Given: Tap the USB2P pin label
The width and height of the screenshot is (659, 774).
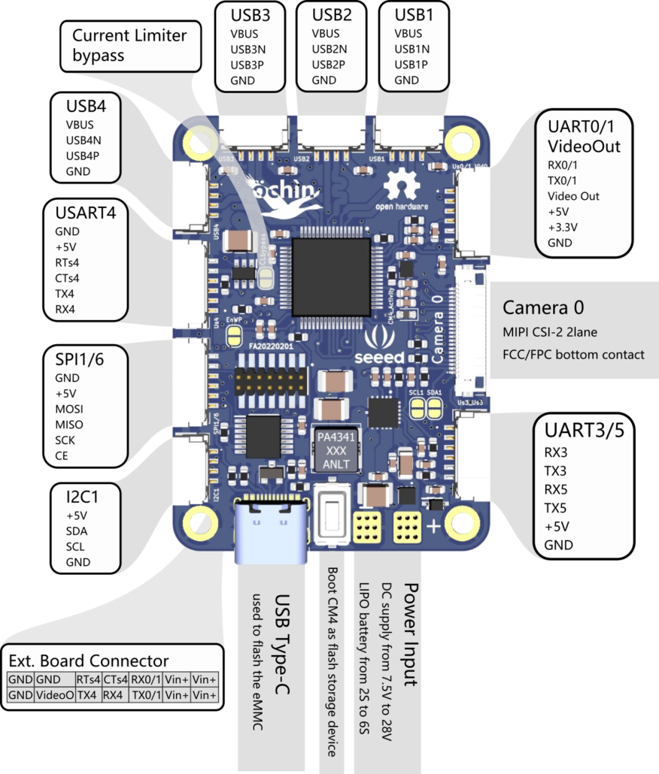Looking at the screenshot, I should [328, 65].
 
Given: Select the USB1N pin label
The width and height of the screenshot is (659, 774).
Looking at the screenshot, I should [411, 49].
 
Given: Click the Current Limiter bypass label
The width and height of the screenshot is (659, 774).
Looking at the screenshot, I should [129, 45].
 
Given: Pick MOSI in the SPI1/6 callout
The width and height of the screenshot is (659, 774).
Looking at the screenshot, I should [69, 410].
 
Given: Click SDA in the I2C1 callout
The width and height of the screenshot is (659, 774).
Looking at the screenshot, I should [76, 531].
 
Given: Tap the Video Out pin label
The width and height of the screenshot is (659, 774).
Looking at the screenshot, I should [572, 196].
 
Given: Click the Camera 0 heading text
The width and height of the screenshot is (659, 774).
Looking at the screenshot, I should [543, 308].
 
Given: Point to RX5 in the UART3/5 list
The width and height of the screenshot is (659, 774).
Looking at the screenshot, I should [556, 489].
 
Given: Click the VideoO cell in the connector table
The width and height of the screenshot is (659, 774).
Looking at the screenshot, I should [55, 696].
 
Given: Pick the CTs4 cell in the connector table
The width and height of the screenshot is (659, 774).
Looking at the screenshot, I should [114, 679].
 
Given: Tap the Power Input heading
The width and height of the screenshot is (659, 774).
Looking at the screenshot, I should [411, 633].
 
